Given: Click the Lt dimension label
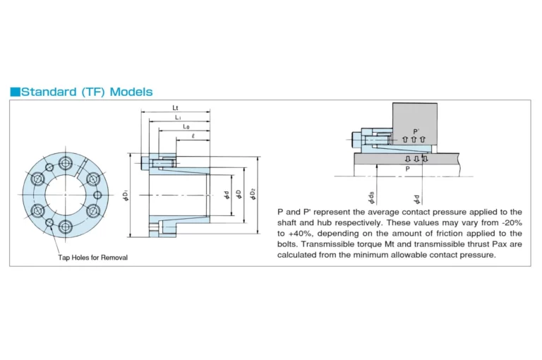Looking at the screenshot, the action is pyautogui.click(x=175, y=108).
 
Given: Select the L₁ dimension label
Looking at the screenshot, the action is pyautogui.click(x=178, y=118).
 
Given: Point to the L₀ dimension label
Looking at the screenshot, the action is pyautogui.click(x=186, y=127).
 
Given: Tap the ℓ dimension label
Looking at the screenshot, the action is pyautogui.click(x=193, y=136).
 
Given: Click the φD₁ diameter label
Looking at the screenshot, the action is pyautogui.click(x=126, y=195).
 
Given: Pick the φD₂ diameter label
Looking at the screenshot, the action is pyautogui.click(x=253, y=194).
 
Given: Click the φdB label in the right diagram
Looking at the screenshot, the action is pyautogui.click(x=371, y=197).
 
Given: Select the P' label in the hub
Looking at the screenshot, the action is pyautogui.click(x=416, y=131).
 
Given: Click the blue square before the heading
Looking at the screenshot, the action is pyautogui.click(x=16, y=92).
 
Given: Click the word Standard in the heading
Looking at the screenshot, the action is pyautogui.click(x=49, y=92).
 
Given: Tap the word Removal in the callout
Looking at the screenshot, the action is pyautogui.click(x=114, y=258).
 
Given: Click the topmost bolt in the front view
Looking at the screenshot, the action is pyautogui.click(x=65, y=162).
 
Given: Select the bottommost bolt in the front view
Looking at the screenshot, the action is pyautogui.click(x=66, y=227).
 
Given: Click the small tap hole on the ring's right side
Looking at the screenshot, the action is pyautogui.click(x=98, y=195).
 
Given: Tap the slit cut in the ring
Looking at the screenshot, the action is pyautogui.click(x=81, y=167).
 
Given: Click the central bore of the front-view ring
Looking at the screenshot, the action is pyautogui.click(x=65, y=194).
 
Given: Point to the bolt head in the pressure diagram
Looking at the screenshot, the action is pyautogui.click(x=356, y=140).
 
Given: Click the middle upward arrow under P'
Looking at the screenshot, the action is pyautogui.click(x=414, y=139).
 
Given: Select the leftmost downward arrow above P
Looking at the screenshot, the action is pyautogui.click(x=408, y=159).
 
